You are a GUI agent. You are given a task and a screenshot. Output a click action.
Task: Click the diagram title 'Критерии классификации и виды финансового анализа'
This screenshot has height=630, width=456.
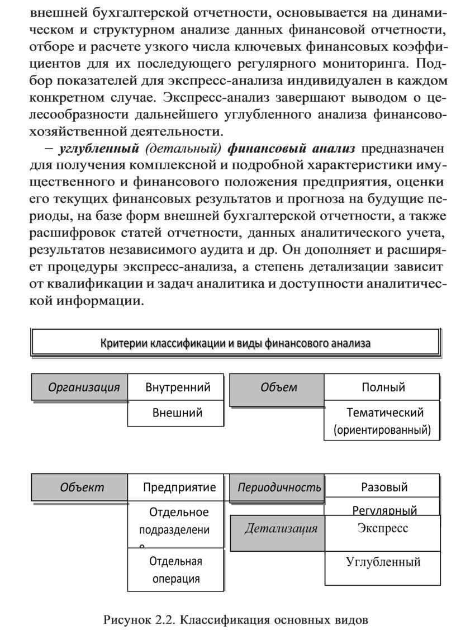[235, 343]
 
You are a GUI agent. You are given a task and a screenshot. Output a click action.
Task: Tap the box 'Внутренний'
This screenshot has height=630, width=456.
[176, 387]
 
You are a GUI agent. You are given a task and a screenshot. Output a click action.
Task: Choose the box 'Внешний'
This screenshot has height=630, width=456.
[176, 413]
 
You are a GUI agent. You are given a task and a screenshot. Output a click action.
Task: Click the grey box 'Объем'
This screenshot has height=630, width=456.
[278, 387]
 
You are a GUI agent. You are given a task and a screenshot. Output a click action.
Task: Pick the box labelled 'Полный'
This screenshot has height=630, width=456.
[383, 387]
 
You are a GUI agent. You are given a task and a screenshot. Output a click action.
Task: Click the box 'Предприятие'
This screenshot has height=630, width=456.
[176, 487]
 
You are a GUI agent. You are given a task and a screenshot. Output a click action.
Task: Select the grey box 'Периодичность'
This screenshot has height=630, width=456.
[278, 487]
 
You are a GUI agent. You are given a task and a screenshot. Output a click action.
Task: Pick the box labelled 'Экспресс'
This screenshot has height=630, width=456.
[383, 528]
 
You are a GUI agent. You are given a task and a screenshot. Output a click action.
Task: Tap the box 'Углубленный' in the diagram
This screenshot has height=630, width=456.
[383, 562]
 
